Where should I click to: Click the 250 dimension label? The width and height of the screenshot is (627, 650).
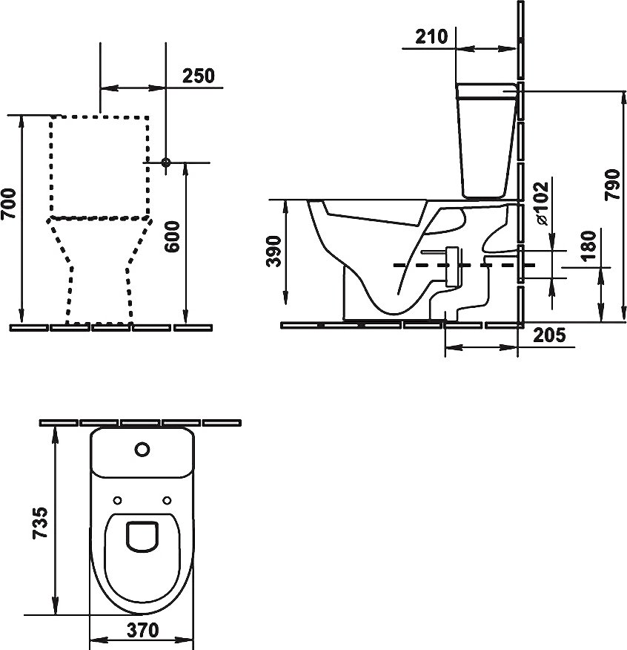198,76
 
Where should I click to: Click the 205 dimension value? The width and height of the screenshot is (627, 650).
549,335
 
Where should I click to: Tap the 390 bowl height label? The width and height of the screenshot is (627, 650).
273,252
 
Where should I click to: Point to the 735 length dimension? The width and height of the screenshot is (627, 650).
41,525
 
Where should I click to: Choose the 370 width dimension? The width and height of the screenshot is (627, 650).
142,631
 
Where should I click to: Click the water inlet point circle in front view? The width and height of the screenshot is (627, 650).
166,162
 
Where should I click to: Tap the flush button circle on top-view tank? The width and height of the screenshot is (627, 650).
142,449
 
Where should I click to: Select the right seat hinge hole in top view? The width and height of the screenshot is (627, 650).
167,499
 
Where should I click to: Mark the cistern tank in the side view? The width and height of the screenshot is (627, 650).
486,141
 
